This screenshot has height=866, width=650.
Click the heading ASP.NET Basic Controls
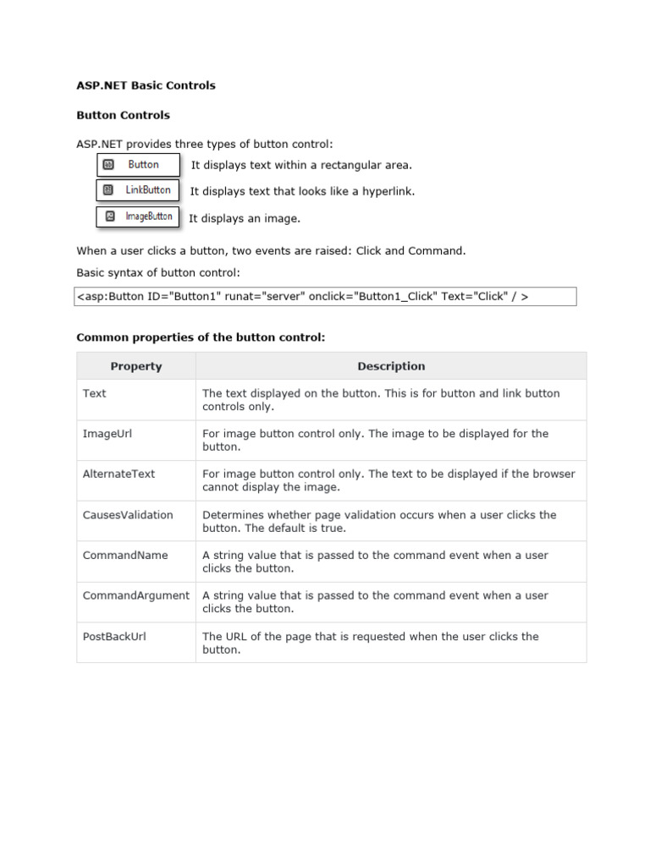point(146,85)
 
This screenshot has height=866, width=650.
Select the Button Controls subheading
point(123,115)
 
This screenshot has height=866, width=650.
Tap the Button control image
point(139,165)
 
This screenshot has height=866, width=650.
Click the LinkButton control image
point(139,190)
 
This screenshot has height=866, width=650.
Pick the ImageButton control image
point(139,216)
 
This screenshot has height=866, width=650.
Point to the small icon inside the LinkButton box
point(108,190)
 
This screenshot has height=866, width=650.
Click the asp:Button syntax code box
point(326,296)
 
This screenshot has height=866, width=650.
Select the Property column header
point(135,366)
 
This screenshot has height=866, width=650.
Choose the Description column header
point(390,366)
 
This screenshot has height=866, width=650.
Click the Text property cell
point(135,400)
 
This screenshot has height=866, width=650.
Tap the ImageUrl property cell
point(135,440)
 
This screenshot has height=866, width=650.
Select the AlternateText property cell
point(135,480)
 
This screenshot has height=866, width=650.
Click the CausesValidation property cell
point(135,521)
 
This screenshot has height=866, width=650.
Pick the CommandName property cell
point(135,562)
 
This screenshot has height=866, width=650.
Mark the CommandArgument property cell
point(135,602)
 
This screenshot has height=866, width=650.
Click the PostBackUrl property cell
point(135,643)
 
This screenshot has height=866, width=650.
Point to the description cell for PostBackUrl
point(390,643)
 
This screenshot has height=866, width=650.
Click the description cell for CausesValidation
point(390,521)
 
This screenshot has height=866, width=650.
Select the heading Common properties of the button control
point(201,337)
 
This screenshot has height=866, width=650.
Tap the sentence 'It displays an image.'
point(244,219)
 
